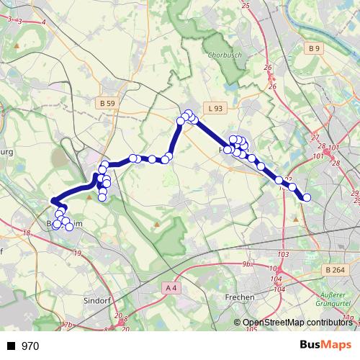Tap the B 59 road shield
(x=107, y=104)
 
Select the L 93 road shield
(x=214, y=108)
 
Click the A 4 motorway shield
(x=171, y=288)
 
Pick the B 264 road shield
(x=334, y=270)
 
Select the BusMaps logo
(x=330, y=345)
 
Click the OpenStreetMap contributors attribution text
(x=297, y=323)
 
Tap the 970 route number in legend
(x=30, y=346)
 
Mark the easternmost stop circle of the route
(x=307, y=197)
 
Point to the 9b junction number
(x=246, y=264)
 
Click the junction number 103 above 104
(x=282, y=255)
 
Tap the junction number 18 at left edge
(x=27, y=233)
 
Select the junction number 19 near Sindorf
(x=78, y=253)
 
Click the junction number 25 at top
(x=246, y=6)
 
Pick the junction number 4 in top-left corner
(x=44, y=22)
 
